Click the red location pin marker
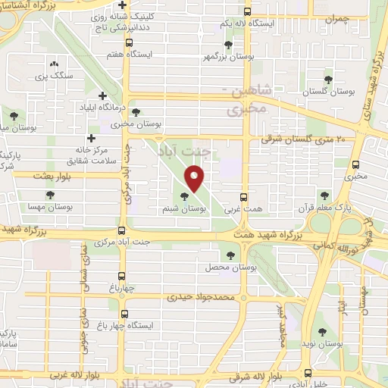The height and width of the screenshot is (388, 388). point(196,180)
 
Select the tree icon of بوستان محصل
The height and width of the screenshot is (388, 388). point(230,255)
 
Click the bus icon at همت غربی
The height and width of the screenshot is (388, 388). point(243,194)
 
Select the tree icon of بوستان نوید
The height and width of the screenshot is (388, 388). point(324,331)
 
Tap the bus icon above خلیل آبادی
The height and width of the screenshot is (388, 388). point(308,372)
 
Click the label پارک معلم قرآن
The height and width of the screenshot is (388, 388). point(333,206)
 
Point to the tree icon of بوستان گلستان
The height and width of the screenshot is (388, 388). point(328,79)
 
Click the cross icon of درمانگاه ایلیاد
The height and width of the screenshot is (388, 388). point(103,95)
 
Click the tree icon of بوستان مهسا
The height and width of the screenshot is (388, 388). point(49,195)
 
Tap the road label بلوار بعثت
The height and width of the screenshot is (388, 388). point(53,176)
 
